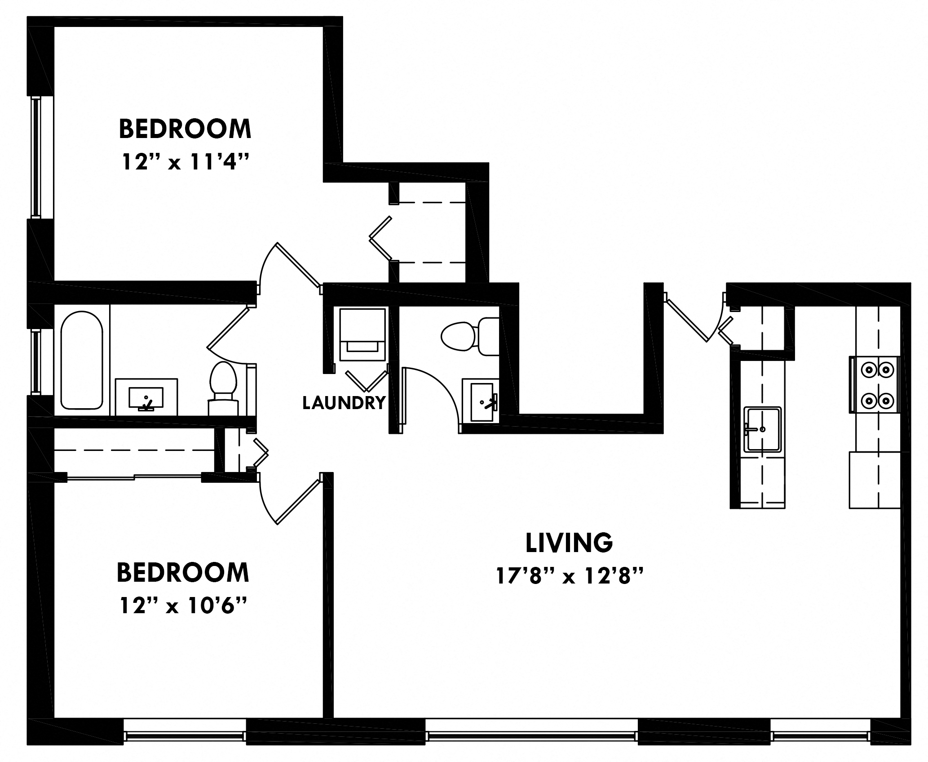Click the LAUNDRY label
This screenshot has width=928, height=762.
[x=344, y=403]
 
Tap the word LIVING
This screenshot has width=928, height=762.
[x=569, y=543]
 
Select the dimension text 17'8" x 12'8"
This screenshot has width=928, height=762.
[x=569, y=576]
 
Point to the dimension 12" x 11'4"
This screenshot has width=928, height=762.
[x=185, y=162]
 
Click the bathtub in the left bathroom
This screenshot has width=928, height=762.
[x=81, y=360]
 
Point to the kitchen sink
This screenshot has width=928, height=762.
[x=762, y=429]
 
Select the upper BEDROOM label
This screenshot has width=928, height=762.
[x=185, y=129]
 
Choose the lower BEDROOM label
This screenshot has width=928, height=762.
[x=183, y=572]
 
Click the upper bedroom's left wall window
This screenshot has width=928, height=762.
[x=36, y=157]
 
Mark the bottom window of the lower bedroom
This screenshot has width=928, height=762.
[x=185, y=736]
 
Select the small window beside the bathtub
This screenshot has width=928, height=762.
[x=35, y=361]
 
